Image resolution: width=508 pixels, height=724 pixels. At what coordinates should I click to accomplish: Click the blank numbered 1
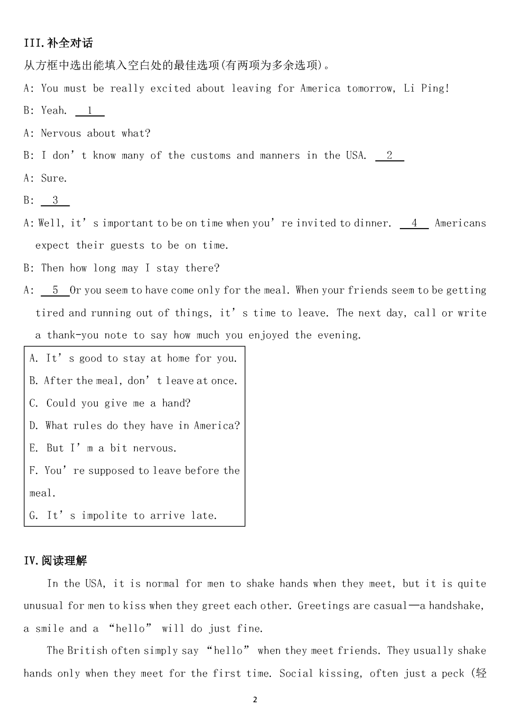tap(90, 111)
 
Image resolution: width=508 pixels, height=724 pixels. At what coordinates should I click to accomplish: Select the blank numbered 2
tap(389, 156)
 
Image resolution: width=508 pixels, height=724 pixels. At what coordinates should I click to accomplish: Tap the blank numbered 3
tap(55, 200)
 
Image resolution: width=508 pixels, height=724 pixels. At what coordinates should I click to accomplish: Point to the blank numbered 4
tap(414, 223)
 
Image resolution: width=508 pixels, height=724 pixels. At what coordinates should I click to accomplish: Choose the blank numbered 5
tap(55, 290)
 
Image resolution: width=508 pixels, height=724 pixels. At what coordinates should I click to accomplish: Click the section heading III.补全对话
tap(58, 43)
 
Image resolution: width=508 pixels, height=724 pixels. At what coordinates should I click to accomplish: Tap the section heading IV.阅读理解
tap(56, 560)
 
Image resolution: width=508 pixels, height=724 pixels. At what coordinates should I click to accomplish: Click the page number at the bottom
tap(255, 700)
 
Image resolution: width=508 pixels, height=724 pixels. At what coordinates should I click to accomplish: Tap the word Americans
tap(460, 223)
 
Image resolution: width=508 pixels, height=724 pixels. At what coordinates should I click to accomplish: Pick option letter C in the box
tap(33, 403)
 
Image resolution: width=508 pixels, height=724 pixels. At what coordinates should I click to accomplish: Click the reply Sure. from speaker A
tap(54, 178)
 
